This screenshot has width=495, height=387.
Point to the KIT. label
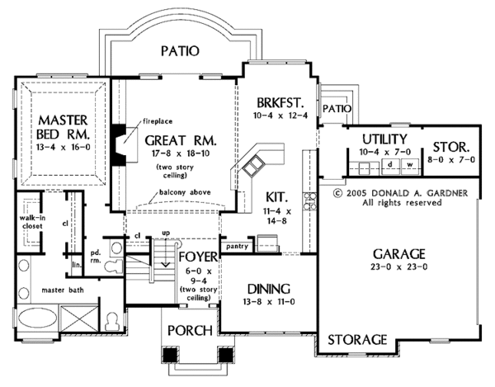[x=276, y=198]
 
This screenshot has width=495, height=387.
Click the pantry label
[x=238, y=246]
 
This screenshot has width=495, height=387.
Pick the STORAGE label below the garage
[x=358, y=339]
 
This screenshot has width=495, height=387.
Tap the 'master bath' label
[x=48, y=291]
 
